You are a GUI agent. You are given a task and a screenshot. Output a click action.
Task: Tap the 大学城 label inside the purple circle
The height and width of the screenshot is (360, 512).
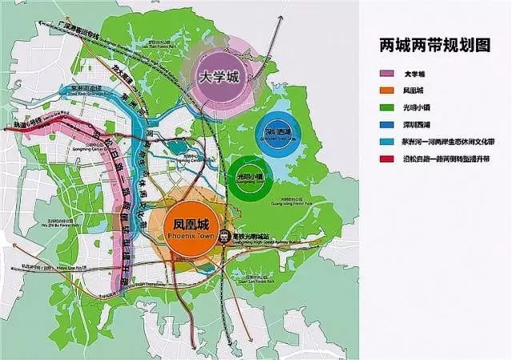point(221,78)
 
